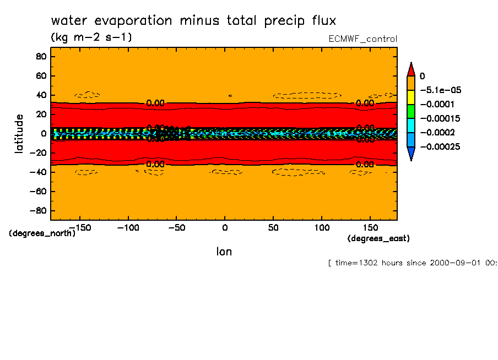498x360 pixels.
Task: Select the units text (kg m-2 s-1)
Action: (x=91, y=37)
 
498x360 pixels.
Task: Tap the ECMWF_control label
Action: (x=362, y=39)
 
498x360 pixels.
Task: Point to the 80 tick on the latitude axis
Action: (x=40, y=56)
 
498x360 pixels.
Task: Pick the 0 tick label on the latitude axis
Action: (x=43, y=133)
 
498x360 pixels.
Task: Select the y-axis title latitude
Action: (x=19, y=133)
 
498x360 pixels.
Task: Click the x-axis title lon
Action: (x=224, y=252)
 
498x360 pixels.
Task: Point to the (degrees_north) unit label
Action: (x=42, y=233)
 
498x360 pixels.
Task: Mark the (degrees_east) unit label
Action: (x=378, y=238)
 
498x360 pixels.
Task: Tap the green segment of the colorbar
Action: (x=410, y=111)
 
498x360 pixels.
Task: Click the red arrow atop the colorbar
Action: (x=410, y=68)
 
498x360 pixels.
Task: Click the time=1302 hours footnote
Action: (x=412, y=263)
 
